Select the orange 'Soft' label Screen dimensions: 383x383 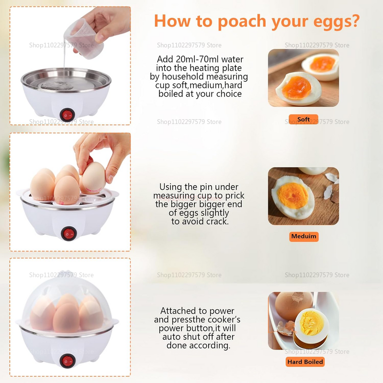click(x=304, y=119)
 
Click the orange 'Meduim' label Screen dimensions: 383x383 click(x=304, y=237)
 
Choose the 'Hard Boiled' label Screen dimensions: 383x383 click(x=305, y=362)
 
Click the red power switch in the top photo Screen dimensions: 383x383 click(x=67, y=115)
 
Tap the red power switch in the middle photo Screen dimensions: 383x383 click(x=68, y=234)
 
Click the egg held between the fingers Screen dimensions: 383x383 click(x=94, y=177)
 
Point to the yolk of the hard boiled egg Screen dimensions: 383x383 click(x=312, y=323)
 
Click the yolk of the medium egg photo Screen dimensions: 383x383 click(x=293, y=196)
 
